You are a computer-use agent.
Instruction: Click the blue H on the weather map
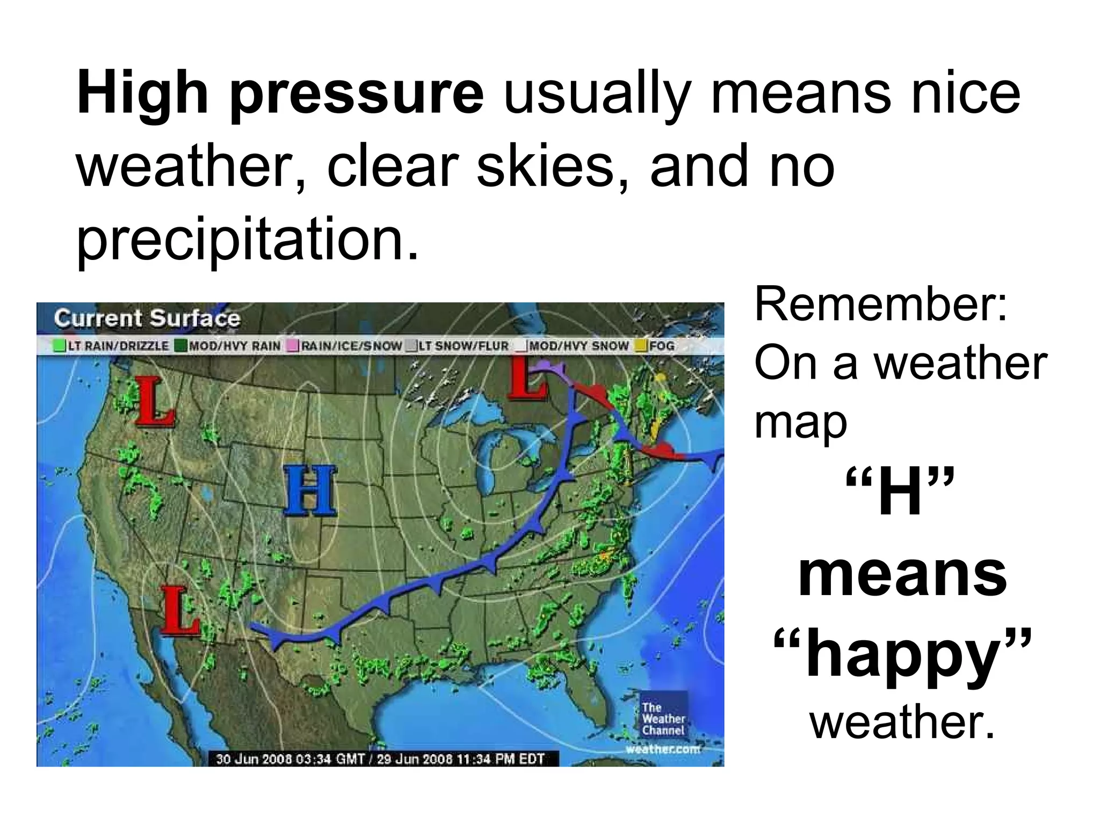pos(310,490)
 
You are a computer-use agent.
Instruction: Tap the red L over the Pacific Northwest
pos(154,402)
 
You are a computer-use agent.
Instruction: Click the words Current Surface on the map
pos(147,319)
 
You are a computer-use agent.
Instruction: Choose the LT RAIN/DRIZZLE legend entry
pos(112,346)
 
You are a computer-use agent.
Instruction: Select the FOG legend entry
pos(656,346)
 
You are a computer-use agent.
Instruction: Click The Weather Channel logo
pos(664,718)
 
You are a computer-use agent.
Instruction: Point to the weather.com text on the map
pos(664,749)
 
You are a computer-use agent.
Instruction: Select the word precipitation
pos(247,238)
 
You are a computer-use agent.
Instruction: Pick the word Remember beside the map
pos(881,305)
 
